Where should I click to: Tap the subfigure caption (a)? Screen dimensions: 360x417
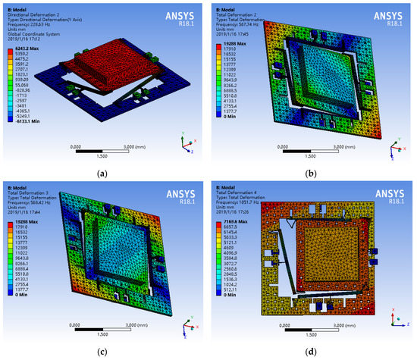point(102,173)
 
